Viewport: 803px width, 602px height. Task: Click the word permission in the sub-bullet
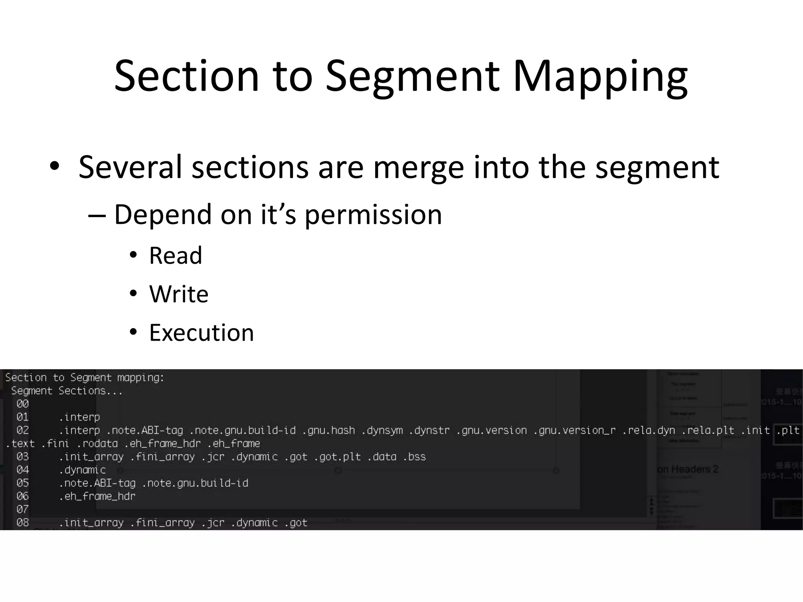point(373,215)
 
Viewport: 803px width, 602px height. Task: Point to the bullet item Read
point(175,256)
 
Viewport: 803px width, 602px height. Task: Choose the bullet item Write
point(178,294)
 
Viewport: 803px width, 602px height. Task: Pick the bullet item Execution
point(202,333)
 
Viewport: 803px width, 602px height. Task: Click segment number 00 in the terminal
point(22,404)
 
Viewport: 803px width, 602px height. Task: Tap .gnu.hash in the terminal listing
point(329,430)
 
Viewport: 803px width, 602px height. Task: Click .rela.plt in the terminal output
point(708,430)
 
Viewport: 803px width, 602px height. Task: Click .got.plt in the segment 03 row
point(337,457)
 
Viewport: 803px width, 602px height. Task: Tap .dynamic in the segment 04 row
point(82,470)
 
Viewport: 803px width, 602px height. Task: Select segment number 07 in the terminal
point(22,510)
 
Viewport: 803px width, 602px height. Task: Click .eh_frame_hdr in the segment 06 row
point(97,497)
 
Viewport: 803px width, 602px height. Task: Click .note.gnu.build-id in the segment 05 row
point(195,483)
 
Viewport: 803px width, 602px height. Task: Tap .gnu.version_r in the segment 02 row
point(574,430)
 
